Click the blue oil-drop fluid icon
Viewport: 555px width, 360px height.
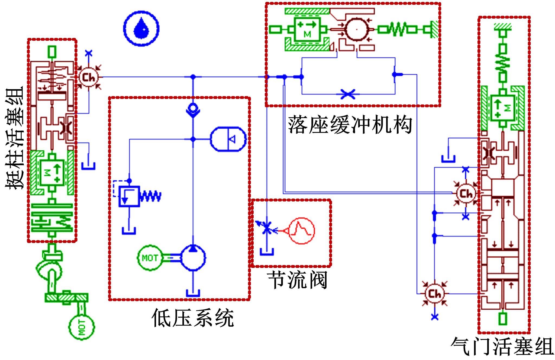click(141, 28)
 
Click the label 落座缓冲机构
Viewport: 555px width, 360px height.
click(350, 125)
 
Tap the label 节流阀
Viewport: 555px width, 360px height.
click(297, 280)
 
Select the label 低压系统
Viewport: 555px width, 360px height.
click(193, 318)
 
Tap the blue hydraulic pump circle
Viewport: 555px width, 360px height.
click(193, 257)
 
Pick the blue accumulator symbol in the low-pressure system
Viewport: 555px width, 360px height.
click(228, 139)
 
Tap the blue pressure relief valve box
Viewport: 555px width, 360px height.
click(129, 196)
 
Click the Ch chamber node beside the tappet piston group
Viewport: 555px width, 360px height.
click(89, 77)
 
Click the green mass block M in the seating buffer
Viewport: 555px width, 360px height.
click(307, 29)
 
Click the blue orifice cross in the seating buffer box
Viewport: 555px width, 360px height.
click(348, 94)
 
